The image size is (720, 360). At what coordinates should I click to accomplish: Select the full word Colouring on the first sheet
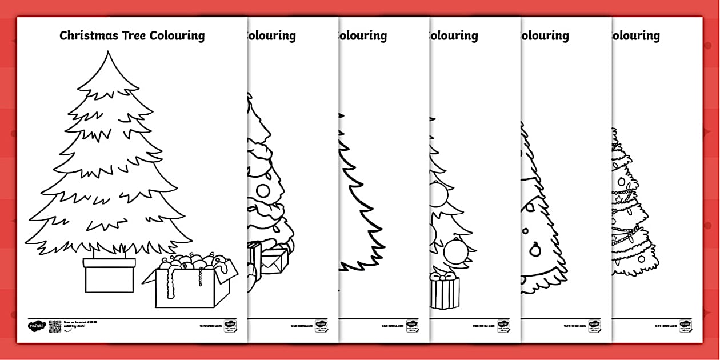coord(177,36)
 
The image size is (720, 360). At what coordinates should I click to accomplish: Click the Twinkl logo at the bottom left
coord(35,326)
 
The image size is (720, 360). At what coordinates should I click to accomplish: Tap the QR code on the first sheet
coord(55,326)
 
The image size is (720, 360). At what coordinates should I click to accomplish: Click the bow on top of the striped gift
coord(445,276)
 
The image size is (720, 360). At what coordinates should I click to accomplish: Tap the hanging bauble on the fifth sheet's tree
coord(535,250)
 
